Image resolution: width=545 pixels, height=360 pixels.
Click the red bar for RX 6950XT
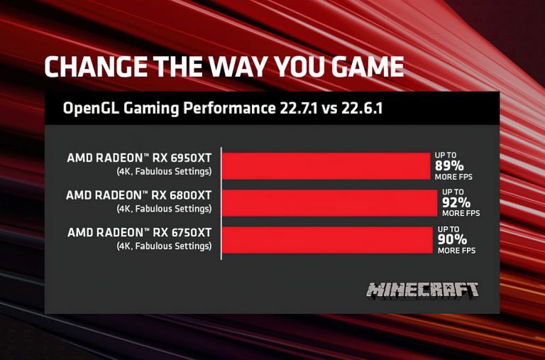click(327, 165)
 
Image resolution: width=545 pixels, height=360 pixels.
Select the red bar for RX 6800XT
click(330, 202)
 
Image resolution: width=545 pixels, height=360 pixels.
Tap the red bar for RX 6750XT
click(327, 239)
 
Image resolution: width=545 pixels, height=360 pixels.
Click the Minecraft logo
click(422, 290)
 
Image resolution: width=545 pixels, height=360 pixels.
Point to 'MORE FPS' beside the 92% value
click(461, 213)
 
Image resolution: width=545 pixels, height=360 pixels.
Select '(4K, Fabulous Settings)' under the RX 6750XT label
click(164, 246)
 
